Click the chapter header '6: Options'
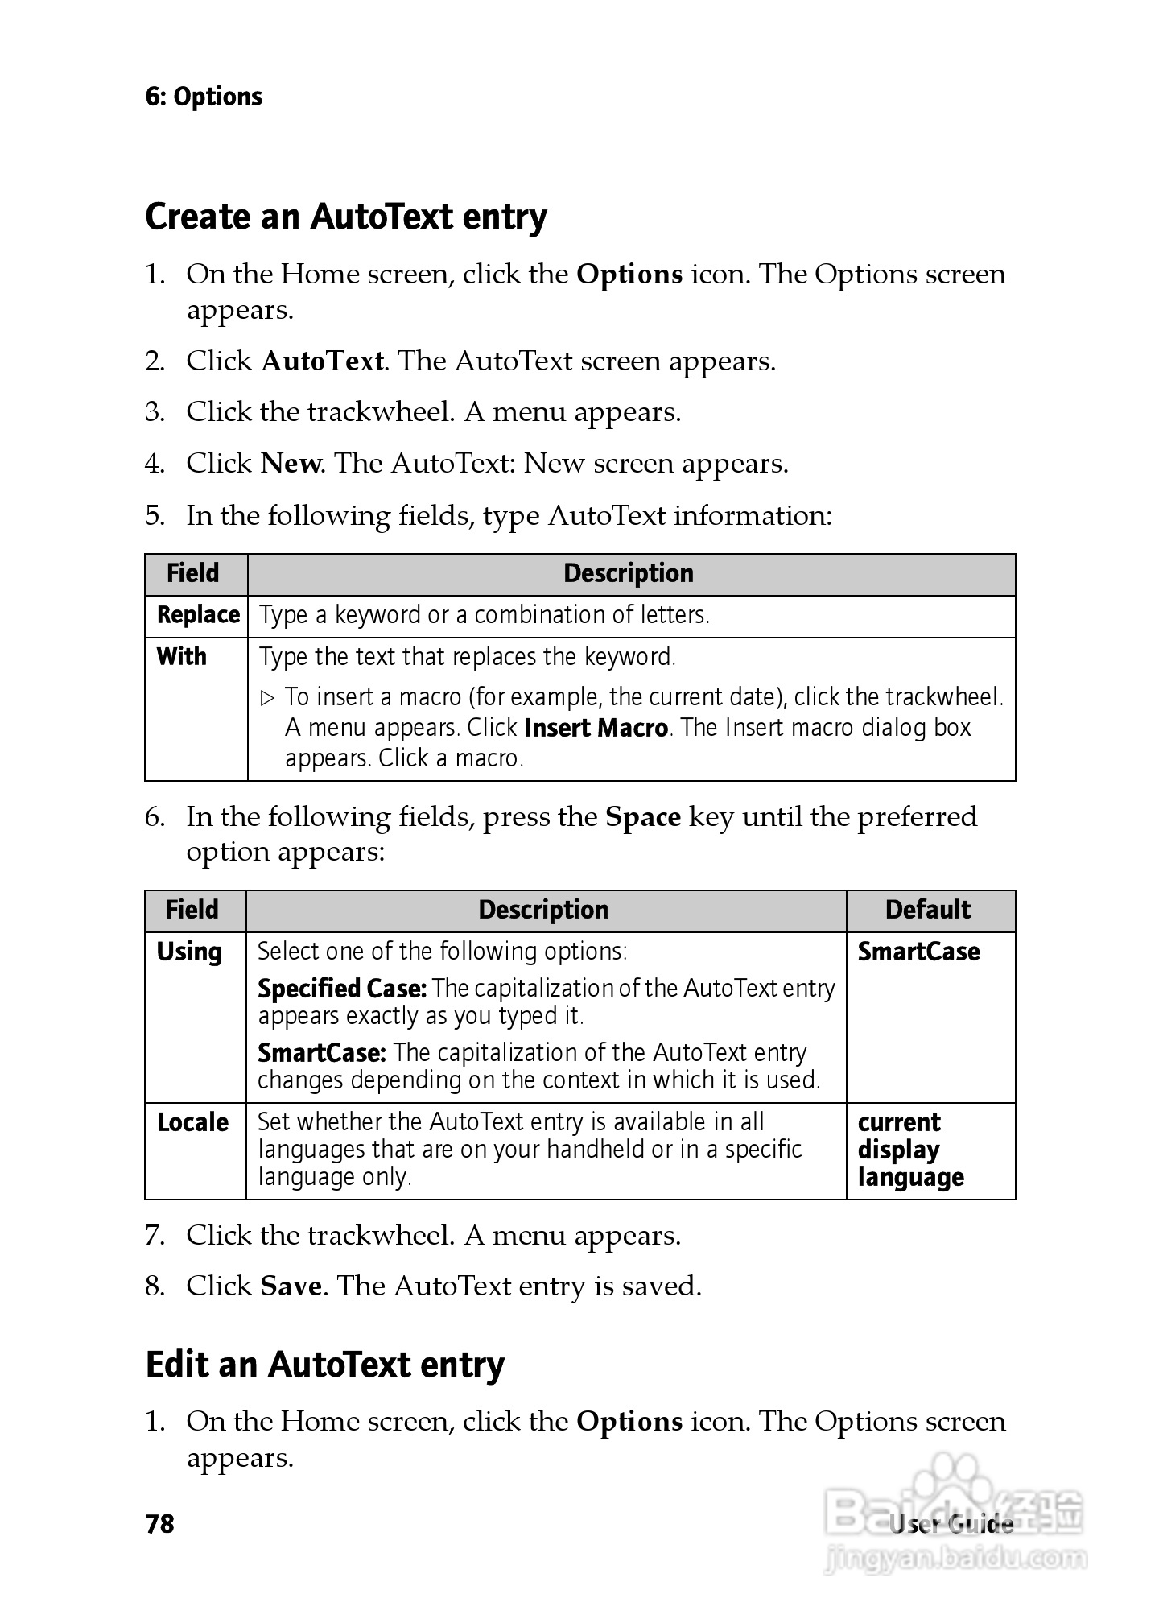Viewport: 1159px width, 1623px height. coord(204,97)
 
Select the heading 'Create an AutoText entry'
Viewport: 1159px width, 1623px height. coord(346,217)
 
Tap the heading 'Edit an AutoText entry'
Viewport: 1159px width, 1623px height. coord(325,1365)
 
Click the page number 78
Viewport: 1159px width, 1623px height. coord(160,1524)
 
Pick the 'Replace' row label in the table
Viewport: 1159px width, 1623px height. coord(198,615)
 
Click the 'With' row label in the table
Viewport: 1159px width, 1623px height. coord(182,657)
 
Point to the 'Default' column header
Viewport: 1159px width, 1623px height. coord(928,910)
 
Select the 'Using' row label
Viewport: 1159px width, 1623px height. coord(189,952)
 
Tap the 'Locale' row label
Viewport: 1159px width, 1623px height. coord(192,1122)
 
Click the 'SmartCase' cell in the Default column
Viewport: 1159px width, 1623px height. coord(918,952)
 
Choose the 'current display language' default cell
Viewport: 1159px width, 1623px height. coord(910,1150)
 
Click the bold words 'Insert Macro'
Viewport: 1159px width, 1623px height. coord(596,728)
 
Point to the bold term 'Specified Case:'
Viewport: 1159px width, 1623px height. coord(342,988)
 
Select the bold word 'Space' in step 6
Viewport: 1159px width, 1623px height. coord(643,817)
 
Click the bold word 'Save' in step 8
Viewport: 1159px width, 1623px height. coord(291,1286)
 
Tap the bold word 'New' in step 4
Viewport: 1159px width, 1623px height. coord(291,464)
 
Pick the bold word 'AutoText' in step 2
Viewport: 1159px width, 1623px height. coord(323,361)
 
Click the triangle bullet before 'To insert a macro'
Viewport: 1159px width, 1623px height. coord(269,697)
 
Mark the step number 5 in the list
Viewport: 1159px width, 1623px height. coord(154,515)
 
